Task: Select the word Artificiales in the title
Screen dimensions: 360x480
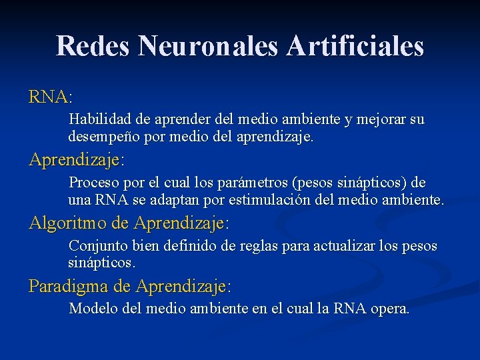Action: tap(356, 46)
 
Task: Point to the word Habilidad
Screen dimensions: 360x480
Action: tap(100, 120)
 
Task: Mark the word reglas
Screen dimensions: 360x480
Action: tap(259, 246)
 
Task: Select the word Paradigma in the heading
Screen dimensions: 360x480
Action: tap(69, 287)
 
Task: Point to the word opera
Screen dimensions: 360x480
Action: tap(391, 310)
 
